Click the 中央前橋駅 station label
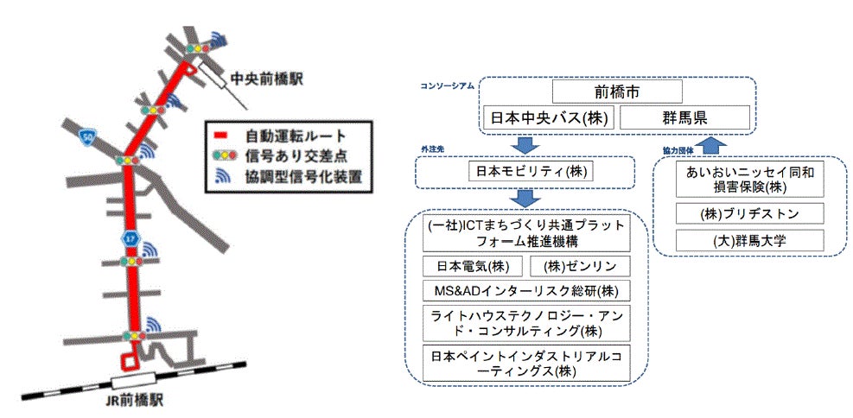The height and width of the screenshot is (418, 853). pos(266,79)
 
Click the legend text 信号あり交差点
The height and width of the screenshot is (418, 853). pos(289,156)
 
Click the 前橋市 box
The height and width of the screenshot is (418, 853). pos(617,92)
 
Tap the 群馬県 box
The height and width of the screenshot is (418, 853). pos(684,117)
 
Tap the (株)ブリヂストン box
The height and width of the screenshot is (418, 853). pos(750,213)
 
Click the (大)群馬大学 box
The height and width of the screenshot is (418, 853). pos(750,238)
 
